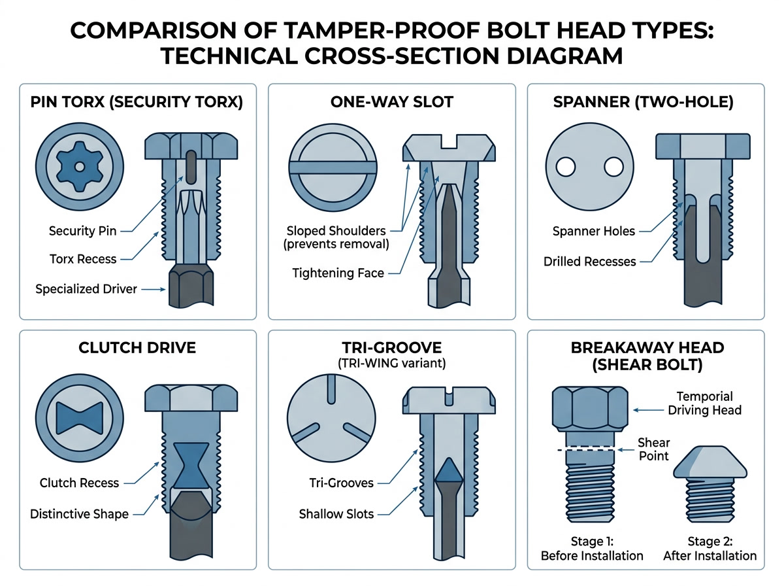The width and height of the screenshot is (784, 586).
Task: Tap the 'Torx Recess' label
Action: pyautogui.click(x=82, y=259)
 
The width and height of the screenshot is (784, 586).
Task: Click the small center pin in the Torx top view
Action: pyautogui.click(x=78, y=167)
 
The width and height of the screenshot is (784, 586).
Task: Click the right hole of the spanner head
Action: pyautogui.click(x=614, y=167)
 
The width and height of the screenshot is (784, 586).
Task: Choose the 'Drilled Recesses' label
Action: pyautogui.click(x=589, y=262)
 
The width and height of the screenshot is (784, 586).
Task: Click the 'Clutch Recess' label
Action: pyautogui.click(x=80, y=483)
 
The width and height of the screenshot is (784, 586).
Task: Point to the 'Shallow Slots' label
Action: pyautogui.click(x=336, y=513)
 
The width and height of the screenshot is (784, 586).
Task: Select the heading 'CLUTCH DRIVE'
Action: pyautogui.click(x=137, y=347)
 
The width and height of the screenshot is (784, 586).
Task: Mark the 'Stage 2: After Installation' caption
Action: pyautogui.click(x=710, y=549)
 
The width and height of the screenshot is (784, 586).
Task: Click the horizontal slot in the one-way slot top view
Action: pyautogui.click(x=334, y=167)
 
